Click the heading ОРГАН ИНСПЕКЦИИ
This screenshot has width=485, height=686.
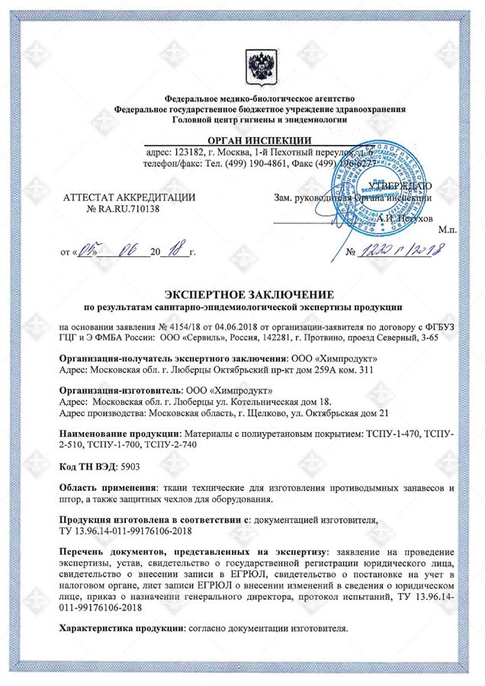click(243, 139)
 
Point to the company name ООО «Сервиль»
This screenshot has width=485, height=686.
click(185, 337)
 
